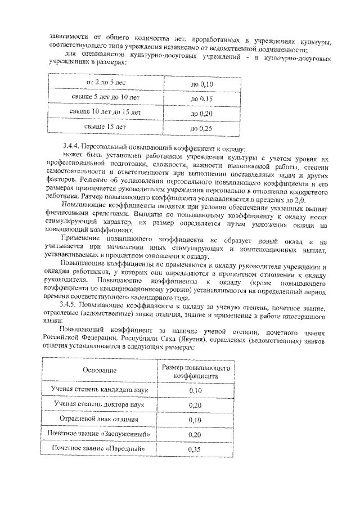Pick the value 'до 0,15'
[x=201, y=99]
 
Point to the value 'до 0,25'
[x=201, y=128]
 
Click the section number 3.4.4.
[x=73, y=146]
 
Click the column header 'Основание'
[x=100, y=370]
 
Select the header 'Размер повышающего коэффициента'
[x=195, y=370]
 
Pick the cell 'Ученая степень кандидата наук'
[x=100, y=389]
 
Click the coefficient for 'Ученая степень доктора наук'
[x=195, y=404]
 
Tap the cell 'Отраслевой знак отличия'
[x=100, y=419]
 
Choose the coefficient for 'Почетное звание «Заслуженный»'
[x=195, y=435]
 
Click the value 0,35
[x=195, y=449]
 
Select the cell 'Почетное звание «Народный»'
[x=100, y=449]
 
